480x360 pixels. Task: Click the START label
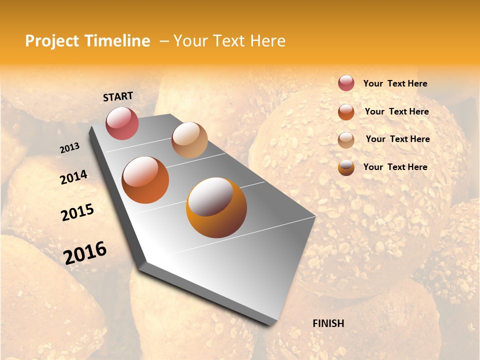[x=118, y=96]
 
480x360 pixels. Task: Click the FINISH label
[x=328, y=323]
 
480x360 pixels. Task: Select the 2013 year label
[x=70, y=148]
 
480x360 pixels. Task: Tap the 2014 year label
[x=73, y=177]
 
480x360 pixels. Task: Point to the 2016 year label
[x=85, y=253]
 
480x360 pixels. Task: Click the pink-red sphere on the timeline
[x=122, y=123]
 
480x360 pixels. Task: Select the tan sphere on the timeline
[x=189, y=140]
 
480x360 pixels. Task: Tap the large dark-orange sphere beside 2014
[x=145, y=180]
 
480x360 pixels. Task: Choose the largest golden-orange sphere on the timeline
[x=216, y=207]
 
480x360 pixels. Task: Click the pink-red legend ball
[x=346, y=83]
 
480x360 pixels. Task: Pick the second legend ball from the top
[x=346, y=111]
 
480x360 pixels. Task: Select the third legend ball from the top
[x=346, y=140]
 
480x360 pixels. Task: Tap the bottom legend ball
[x=346, y=167]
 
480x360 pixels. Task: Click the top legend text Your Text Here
[x=395, y=83]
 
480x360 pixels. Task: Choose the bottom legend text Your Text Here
[x=395, y=167]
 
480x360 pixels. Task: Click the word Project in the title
[x=52, y=41]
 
